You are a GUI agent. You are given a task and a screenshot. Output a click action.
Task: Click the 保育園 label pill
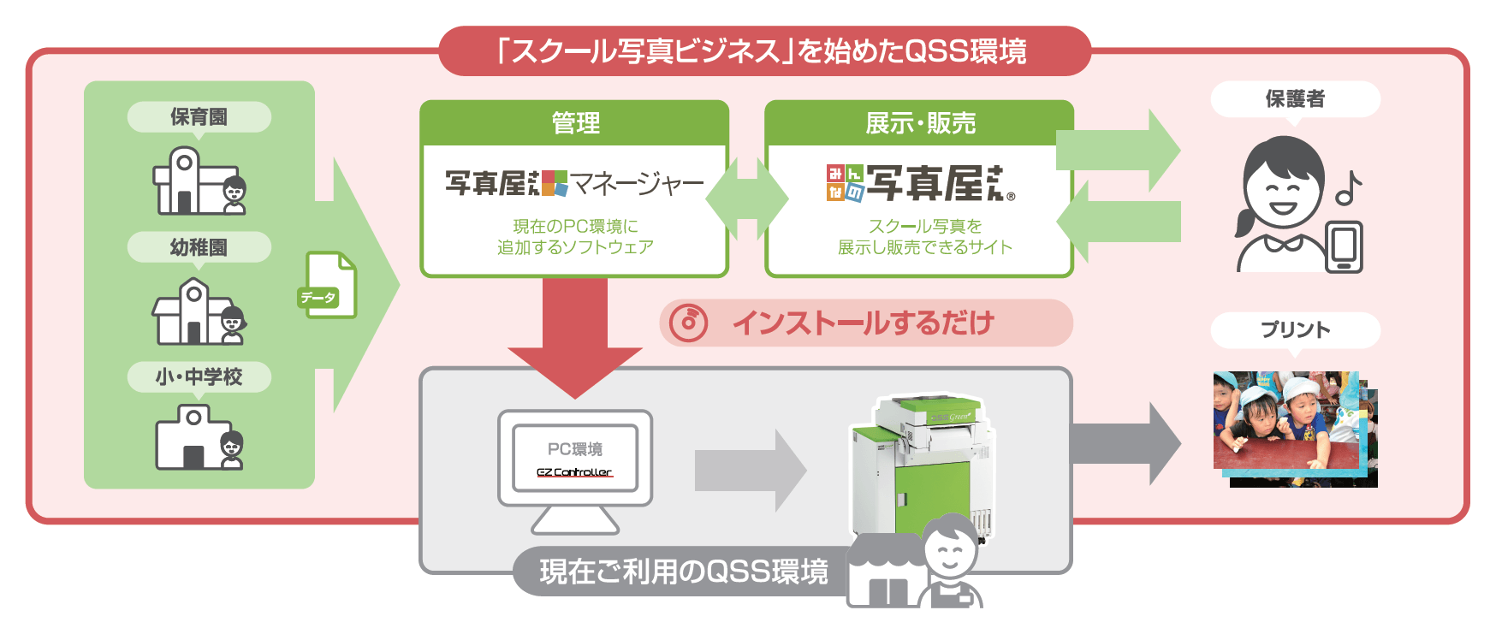coord(199,117)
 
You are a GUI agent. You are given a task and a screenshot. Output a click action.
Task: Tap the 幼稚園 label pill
coord(199,247)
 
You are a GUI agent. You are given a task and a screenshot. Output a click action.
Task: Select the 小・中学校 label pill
coord(199,376)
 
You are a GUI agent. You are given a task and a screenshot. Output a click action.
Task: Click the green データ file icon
coord(330,285)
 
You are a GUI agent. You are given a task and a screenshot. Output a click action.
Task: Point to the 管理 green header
coord(574,123)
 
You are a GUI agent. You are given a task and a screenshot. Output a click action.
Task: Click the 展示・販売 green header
coord(919,123)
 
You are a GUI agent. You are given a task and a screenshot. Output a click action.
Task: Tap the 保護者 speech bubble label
coord(1294,99)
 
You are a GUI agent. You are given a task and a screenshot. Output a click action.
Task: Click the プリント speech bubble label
coord(1294,330)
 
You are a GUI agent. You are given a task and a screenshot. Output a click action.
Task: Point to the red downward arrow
coord(574,342)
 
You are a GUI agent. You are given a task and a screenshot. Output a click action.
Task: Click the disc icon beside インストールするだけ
coord(689,323)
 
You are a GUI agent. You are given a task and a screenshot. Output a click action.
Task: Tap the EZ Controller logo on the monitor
coord(574,472)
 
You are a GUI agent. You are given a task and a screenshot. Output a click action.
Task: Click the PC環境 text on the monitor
coord(574,449)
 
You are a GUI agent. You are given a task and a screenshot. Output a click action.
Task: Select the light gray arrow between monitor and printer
coord(749,471)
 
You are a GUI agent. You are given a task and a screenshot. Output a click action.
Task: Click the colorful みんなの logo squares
coord(845,183)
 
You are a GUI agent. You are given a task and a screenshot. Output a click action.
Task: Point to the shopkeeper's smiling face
coord(950,549)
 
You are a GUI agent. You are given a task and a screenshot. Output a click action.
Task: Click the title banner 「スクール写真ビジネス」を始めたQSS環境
coord(764,51)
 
